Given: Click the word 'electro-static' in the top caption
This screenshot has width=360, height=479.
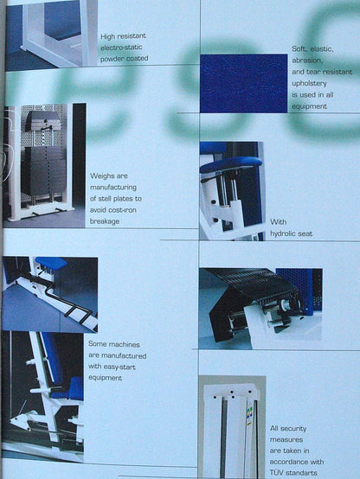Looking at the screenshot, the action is click(121, 48).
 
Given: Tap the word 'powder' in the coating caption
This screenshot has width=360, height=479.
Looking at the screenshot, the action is click(112, 59).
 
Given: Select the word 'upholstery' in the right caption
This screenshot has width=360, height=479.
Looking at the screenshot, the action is click(309, 83).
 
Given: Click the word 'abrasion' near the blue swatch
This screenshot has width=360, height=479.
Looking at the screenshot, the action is click(307, 61).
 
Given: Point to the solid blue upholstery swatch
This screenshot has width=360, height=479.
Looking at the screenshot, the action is click(244, 83).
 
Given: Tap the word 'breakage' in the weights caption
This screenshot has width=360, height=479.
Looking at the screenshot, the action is click(105, 221).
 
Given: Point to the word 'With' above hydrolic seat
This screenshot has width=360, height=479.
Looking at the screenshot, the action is click(278, 222).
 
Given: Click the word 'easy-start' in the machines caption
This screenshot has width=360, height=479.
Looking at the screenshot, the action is click(120, 367).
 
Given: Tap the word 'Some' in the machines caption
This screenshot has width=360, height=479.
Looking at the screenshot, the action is click(96, 344).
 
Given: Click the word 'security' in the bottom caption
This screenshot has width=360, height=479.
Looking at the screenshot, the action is click(293, 429).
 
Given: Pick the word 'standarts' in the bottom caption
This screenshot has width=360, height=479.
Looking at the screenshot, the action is click(301, 473).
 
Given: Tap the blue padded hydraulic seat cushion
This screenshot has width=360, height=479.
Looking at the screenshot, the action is click(230, 163).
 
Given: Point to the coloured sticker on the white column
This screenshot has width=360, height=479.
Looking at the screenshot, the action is click(249, 414).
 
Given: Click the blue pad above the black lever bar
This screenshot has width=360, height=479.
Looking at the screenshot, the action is click(51, 263).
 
